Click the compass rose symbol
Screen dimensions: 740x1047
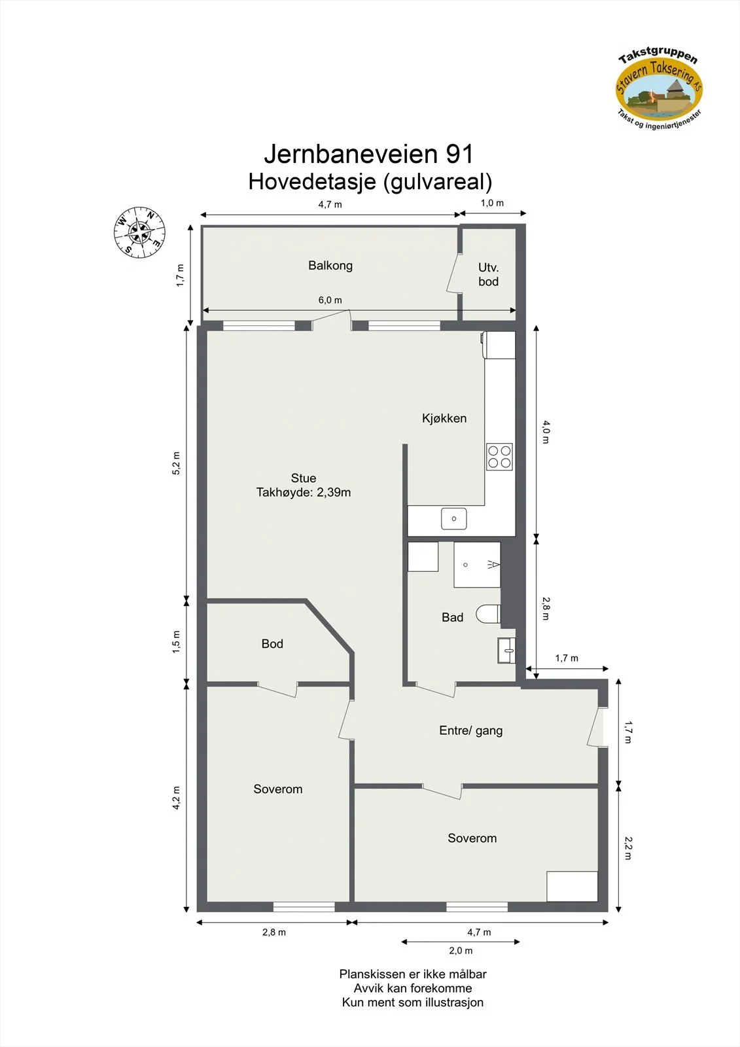point(139,232)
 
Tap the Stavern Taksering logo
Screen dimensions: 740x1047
point(659,89)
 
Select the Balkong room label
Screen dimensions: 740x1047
point(330,266)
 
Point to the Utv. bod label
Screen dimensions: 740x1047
point(489,274)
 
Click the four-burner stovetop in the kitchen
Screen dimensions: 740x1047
point(499,457)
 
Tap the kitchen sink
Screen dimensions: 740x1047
point(454,519)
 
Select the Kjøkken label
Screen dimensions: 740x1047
point(444,418)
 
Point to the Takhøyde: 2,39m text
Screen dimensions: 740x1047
point(304,492)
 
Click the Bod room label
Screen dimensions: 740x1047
point(272,644)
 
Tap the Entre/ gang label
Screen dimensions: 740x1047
point(470,730)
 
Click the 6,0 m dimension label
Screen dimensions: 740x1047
point(330,300)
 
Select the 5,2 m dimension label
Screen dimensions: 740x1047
point(176,463)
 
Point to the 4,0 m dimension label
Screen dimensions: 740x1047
point(546,432)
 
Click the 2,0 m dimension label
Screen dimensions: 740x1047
point(461,950)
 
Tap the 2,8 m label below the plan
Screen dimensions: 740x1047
point(274,932)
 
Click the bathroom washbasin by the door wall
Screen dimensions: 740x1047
point(506,650)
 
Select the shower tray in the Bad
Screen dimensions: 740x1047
point(477,565)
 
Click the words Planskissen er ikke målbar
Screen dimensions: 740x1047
point(413,974)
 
